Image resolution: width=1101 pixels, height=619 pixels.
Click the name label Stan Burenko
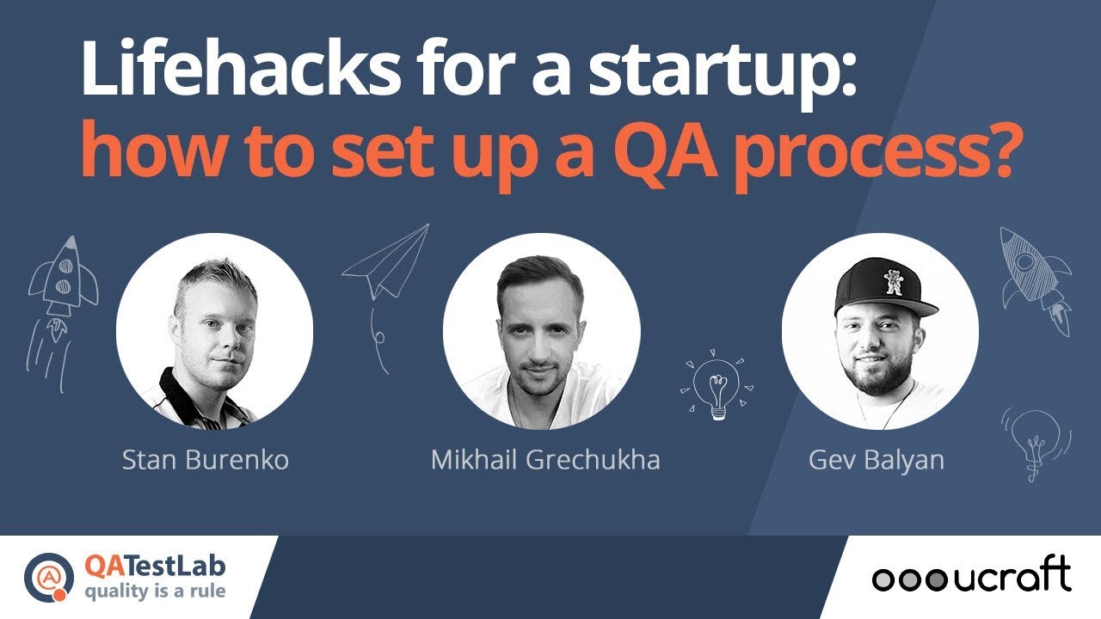pos(206,459)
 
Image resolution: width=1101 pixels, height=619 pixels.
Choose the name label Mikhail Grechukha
pos(545,459)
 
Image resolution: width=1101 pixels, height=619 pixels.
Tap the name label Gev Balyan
pos(876,459)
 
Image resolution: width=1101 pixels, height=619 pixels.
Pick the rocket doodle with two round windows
pos(63,279)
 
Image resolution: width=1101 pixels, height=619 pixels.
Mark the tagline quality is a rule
pos(156,592)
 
